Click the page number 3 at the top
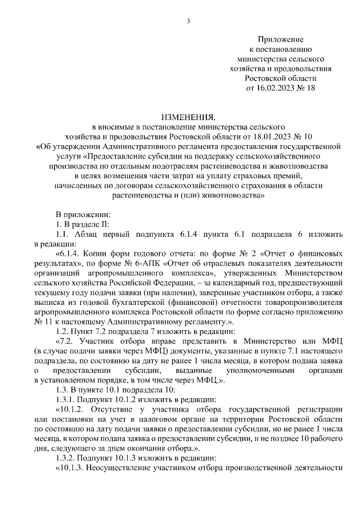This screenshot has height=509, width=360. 189,21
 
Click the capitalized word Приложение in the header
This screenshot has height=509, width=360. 281,39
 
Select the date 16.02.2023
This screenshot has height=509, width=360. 277,88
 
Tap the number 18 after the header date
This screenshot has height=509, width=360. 311,88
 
